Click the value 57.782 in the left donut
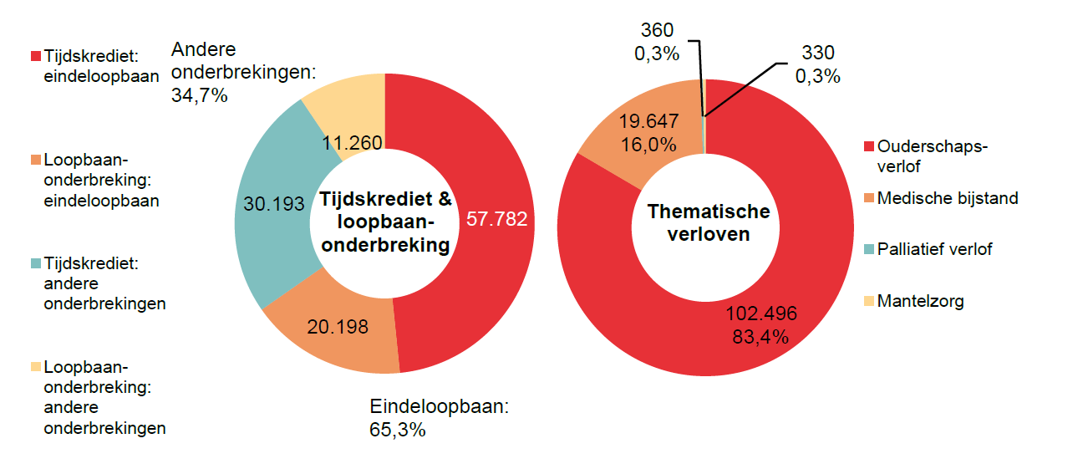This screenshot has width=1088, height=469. [x=496, y=220]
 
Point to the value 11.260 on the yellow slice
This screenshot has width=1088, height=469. [x=352, y=144]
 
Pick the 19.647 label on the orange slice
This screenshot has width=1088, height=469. [x=648, y=121]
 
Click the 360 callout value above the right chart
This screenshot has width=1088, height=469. [x=657, y=31]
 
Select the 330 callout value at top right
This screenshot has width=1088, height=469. [x=817, y=54]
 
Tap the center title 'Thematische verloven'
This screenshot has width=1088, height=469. [x=708, y=222]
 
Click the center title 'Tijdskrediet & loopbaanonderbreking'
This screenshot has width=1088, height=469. [x=385, y=222]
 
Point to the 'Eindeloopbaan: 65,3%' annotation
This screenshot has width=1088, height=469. [x=439, y=418]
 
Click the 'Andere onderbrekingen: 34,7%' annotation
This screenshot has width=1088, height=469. [x=241, y=72]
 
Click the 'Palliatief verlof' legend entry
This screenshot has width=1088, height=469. [x=934, y=249]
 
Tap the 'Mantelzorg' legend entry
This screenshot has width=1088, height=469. [x=920, y=301]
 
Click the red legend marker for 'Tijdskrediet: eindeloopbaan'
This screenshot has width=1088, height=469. [x=36, y=56]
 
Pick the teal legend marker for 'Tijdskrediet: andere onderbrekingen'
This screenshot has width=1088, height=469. [x=36, y=263]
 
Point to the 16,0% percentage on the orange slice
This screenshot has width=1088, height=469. [x=648, y=144]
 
